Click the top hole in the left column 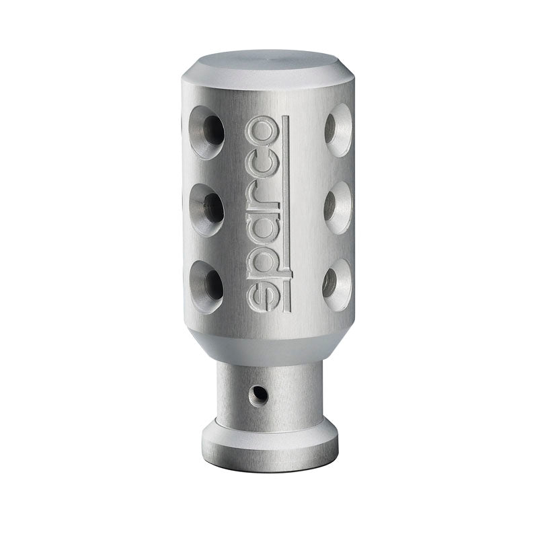click(x=207, y=132)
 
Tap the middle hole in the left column click(x=206, y=210)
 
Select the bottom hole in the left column click(x=206, y=287)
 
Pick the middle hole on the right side click(x=338, y=208)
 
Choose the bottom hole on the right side click(x=338, y=285)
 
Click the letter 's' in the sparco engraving click(x=262, y=295)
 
